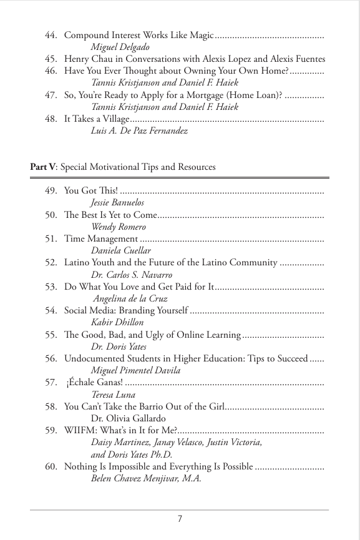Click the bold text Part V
click(42, 167)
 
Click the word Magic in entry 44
click(200, 36)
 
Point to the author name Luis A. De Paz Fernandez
click(139, 130)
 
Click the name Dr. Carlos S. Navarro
click(131, 275)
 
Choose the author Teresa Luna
click(113, 395)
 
